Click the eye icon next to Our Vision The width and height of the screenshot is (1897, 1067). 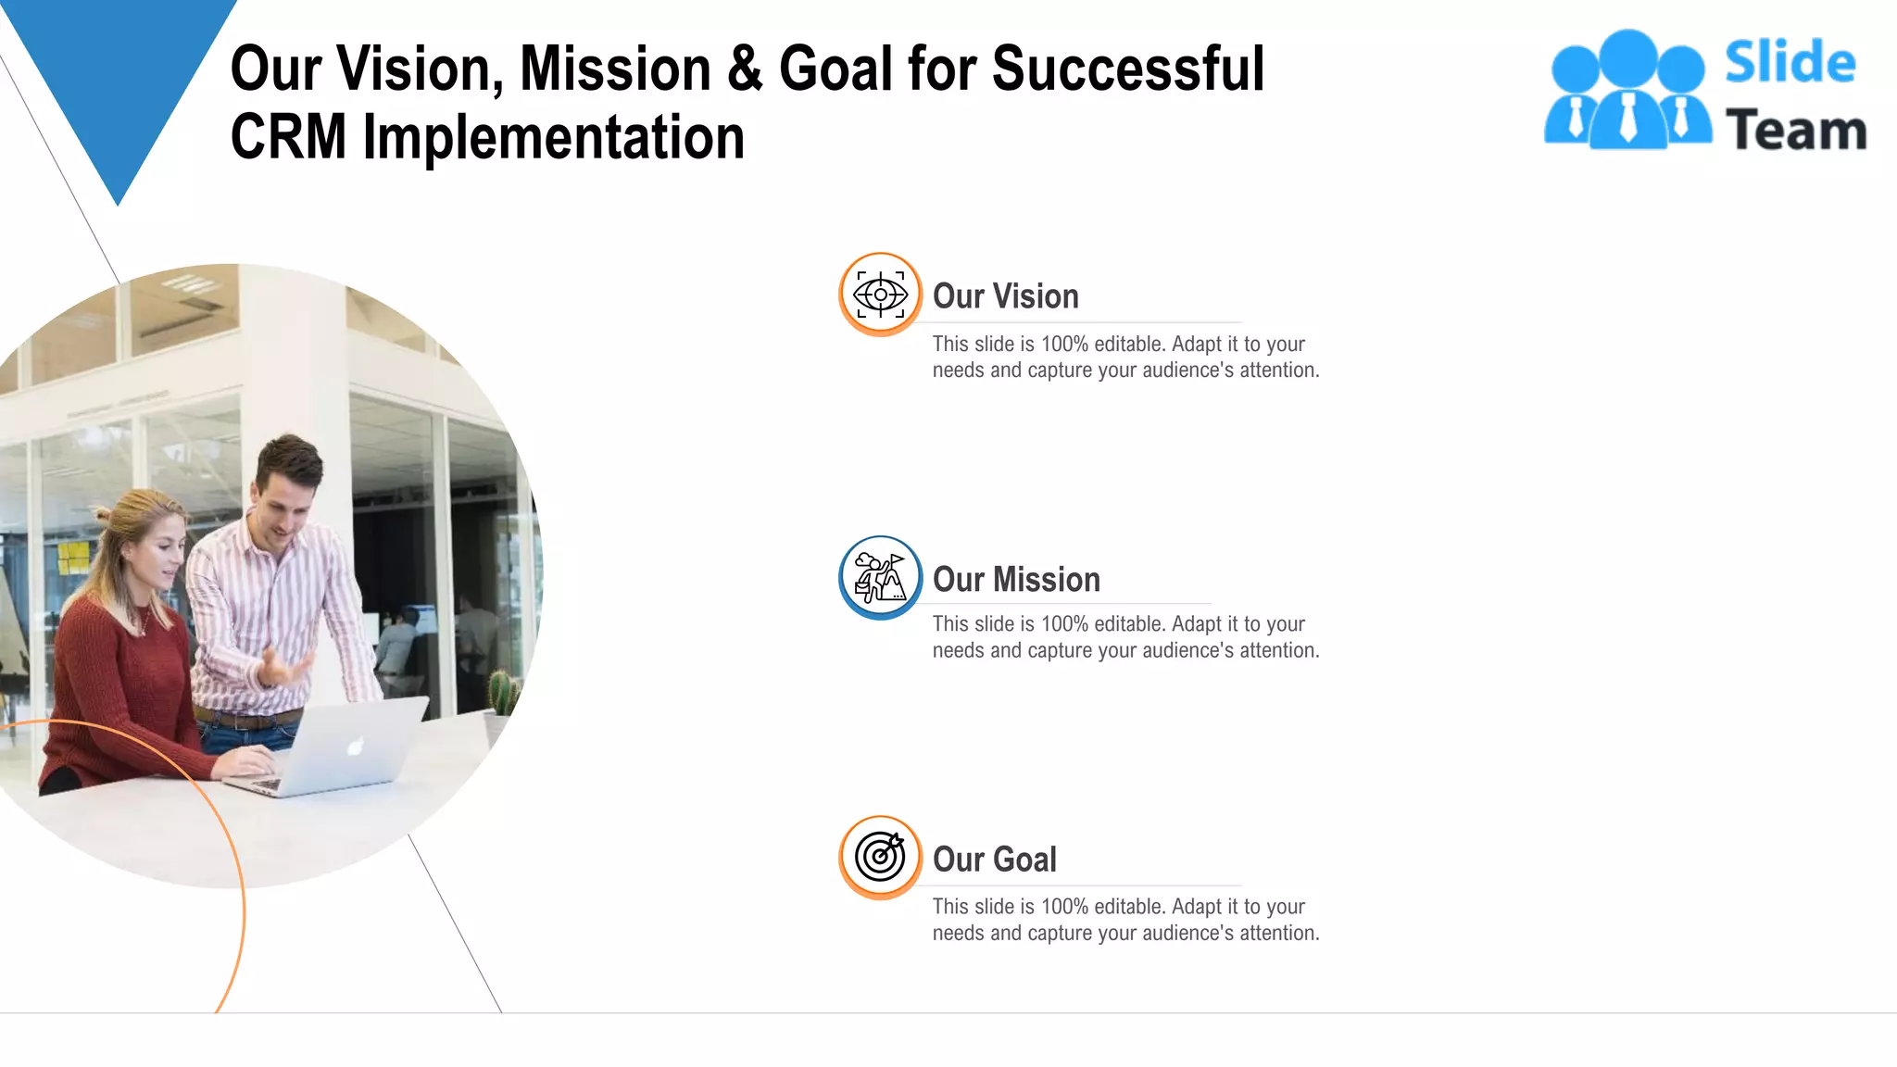(880, 295)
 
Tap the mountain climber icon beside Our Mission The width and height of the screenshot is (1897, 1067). (880, 578)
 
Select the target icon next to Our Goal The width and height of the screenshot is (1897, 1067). (880, 857)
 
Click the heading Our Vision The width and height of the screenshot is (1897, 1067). (1005, 296)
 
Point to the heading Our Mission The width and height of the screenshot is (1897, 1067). (1016, 580)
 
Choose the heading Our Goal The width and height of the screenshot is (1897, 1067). (994, 860)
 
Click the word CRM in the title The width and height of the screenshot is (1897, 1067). (288, 137)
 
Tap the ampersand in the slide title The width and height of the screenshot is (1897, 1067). (745, 69)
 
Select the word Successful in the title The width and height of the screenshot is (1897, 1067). (1127, 69)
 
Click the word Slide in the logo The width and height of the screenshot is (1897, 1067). (1790, 62)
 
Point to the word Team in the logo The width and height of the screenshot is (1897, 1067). (1796, 130)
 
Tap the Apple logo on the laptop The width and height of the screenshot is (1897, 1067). (355, 747)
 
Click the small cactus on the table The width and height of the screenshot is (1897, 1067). (502, 693)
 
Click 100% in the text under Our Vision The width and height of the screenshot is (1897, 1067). (1064, 345)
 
